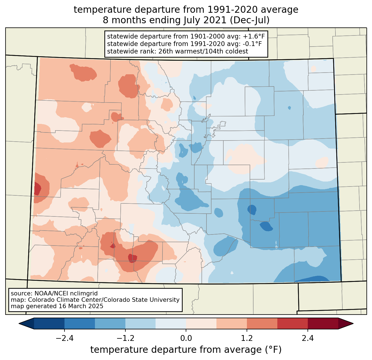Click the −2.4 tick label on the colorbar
[x=64, y=338]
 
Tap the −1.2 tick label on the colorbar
[x=125, y=338]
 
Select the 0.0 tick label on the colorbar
[x=186, y=338]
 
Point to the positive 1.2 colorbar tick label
[x=247, y=338]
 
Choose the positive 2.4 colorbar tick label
[x=308, y=338]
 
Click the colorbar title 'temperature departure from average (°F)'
[x=186, y=350]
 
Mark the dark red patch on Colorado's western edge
[x=37, y=189]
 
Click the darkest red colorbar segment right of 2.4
[x=323, y=323]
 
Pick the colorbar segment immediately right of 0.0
[x=201, y=323]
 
